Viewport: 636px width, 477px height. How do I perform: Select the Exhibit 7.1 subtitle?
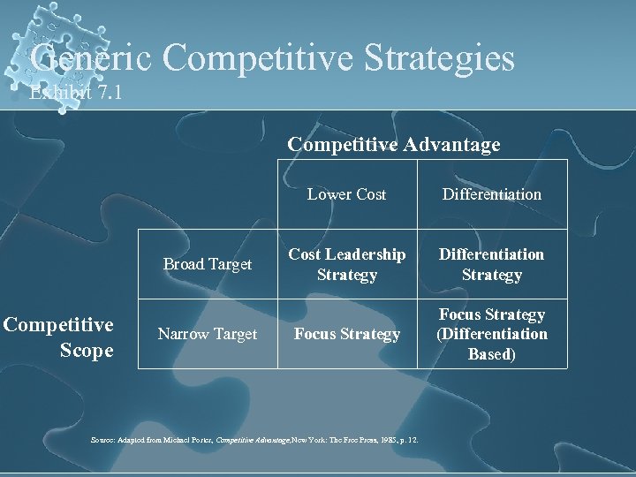tap(75, 92)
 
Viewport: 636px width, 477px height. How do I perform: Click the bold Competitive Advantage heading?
tap(394, 144)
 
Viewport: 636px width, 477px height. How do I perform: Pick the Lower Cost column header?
tap(346, 194)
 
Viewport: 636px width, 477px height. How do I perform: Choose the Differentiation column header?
tap(492, 194)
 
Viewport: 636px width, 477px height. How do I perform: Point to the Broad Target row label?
tap(208, 264)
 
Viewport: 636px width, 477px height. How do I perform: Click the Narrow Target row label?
tap(208, 334)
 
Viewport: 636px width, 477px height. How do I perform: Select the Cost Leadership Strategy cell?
tap(346, 264)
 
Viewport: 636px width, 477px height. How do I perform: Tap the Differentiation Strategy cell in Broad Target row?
tap(492, 264)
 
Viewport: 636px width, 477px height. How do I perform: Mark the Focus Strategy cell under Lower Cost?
tap(346, 334)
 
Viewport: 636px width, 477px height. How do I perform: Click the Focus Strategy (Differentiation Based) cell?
tap(492, 334)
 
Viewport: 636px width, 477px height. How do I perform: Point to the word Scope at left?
tap(87, 351)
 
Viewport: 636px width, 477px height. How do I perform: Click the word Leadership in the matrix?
tap(365, 254)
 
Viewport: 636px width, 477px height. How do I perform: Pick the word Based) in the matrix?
tap(492, 353)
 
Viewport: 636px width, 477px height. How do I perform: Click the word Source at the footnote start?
tap(103, 440)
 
